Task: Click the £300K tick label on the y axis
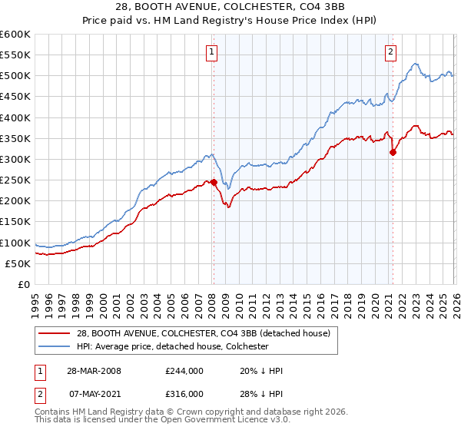coord(15,160)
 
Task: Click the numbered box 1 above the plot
coord(211,52)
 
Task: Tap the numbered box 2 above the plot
coord(390,52)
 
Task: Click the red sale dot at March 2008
coord(214,183)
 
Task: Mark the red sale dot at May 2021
coord(393,152)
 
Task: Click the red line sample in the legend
coord(55,333)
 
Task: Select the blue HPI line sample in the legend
coord(55,347)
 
